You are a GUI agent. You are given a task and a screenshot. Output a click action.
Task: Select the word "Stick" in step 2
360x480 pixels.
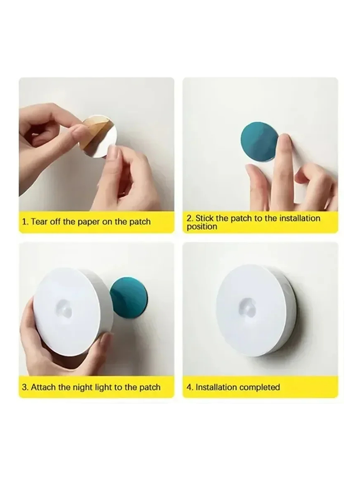[205, 218]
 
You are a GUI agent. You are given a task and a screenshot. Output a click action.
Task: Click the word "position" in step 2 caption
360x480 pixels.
[202, 227]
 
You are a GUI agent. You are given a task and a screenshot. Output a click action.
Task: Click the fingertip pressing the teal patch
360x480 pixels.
[285, 140]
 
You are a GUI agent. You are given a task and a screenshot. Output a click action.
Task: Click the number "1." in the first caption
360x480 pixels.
[25, 222]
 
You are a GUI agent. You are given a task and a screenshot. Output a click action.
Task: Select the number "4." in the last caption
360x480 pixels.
[190, 387]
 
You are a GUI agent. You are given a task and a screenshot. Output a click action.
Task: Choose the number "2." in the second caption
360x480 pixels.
[190, 218]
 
